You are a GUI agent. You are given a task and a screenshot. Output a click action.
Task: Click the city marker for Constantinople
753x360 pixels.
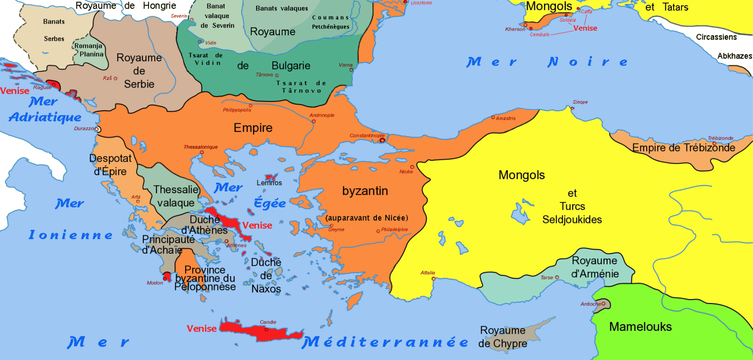[x=382, y=140]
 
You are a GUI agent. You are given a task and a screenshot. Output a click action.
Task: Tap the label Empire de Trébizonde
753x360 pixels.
[x=684, y=148]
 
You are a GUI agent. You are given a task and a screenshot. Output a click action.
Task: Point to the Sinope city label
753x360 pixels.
[x=580, y=102]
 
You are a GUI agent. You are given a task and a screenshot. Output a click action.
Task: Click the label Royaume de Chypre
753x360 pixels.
[x=502, y=337]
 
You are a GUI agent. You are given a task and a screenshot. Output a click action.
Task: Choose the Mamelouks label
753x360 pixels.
[x=640, y=327]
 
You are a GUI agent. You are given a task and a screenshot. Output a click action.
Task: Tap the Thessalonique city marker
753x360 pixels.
[x=202, y=152]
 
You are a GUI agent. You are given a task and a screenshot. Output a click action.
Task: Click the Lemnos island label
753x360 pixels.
[x=269, y=183]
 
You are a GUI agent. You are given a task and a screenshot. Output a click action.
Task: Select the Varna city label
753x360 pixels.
[x=346, y=65]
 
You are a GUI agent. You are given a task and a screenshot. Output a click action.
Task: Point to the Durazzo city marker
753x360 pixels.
[x=98, y=129]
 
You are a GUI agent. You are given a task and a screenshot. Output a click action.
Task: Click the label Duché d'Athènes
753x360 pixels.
[x=204, y=225]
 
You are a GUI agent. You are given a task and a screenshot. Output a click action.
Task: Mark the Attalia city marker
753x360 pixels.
[x=433, y=279]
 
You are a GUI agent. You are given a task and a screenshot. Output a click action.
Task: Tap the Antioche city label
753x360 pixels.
[x=590, y=304]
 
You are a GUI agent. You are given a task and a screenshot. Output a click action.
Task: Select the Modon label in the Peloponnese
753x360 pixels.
[x=155, y=283]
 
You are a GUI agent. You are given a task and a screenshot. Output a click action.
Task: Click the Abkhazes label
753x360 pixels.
[x=735, y=56]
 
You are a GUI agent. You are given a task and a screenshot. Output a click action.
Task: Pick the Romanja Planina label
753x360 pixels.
[x=89, y=50]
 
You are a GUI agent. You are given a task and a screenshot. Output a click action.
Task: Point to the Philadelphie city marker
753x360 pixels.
[x=378, y=231]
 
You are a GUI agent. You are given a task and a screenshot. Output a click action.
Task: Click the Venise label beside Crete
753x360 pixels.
[x=201, y=329]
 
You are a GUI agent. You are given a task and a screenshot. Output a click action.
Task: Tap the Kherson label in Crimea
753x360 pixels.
[x=515, y=29]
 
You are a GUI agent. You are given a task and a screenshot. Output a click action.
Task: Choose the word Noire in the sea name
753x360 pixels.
[x=587, y=62]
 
